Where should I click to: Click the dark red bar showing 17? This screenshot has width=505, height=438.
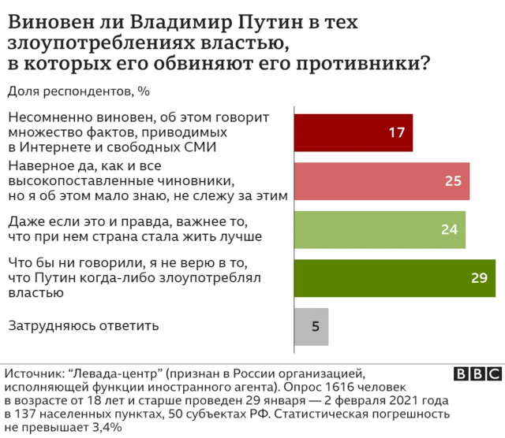pos(353,132)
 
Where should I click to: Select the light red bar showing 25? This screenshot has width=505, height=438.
pos(382,180)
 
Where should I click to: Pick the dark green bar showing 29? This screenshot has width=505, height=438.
pos(395,277)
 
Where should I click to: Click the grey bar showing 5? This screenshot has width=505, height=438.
pos(311,325)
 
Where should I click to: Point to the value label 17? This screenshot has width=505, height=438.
pos(396,132)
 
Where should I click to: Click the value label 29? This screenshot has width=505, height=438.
pos(479,277)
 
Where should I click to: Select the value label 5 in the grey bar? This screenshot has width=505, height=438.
pos(316,325)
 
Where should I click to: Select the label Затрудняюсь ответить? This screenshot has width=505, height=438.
pos(83,325)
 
